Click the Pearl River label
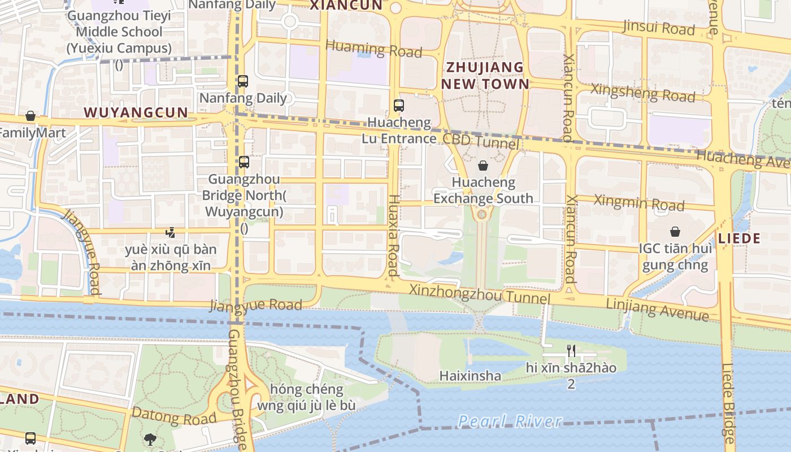pos(510,421)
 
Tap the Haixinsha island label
pos(470,376)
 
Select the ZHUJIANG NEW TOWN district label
pos(485,76)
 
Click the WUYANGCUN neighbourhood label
pos(136,112)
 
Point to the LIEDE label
pos(739,238)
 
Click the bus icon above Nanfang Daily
pos(243,81)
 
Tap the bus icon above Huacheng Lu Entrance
pos(399,105)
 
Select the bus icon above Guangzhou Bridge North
pos(244,162)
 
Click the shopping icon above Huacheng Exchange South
pos(483,166)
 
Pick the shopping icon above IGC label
pos(675,232)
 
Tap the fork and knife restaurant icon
pos(571,351)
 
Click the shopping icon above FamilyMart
pos(31,116)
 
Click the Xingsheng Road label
pos(642,93)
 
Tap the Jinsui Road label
pos(658,27)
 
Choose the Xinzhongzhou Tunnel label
pos(479,294)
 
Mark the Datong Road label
pos(174,416)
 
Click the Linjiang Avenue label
pos(657,309)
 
